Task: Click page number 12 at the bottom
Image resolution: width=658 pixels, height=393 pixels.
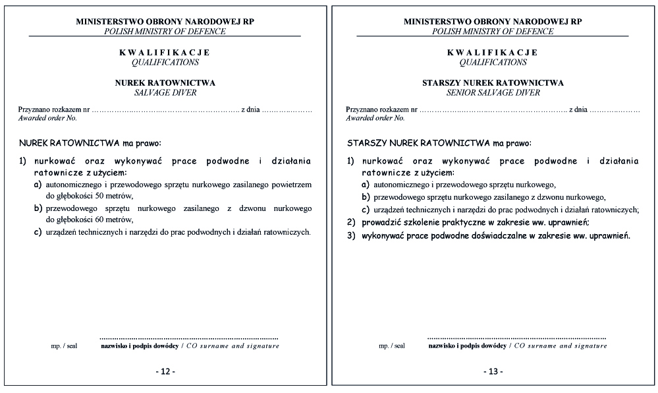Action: [165, 372]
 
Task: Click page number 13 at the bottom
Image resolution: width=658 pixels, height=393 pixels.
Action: [493, 372]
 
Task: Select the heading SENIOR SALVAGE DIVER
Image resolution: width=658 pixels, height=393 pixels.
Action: [493, 93]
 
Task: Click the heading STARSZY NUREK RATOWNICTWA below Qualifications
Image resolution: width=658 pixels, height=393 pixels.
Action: [493, 83]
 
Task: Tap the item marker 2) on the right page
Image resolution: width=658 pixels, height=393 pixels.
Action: [351, 222]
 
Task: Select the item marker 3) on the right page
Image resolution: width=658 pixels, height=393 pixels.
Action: [351, 235]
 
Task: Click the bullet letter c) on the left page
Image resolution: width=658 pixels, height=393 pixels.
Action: [38, 232]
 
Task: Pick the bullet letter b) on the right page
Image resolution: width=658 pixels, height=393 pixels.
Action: [366, 197]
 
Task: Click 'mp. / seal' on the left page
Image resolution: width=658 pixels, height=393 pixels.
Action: [64, 346]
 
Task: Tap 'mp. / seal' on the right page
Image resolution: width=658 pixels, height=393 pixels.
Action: [392, 346]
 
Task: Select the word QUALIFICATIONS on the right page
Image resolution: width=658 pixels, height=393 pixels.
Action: [493, 63]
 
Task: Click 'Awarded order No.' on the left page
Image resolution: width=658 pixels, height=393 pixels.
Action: [47, 118]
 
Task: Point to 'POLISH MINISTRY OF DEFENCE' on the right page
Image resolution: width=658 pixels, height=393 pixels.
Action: [493, 31]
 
